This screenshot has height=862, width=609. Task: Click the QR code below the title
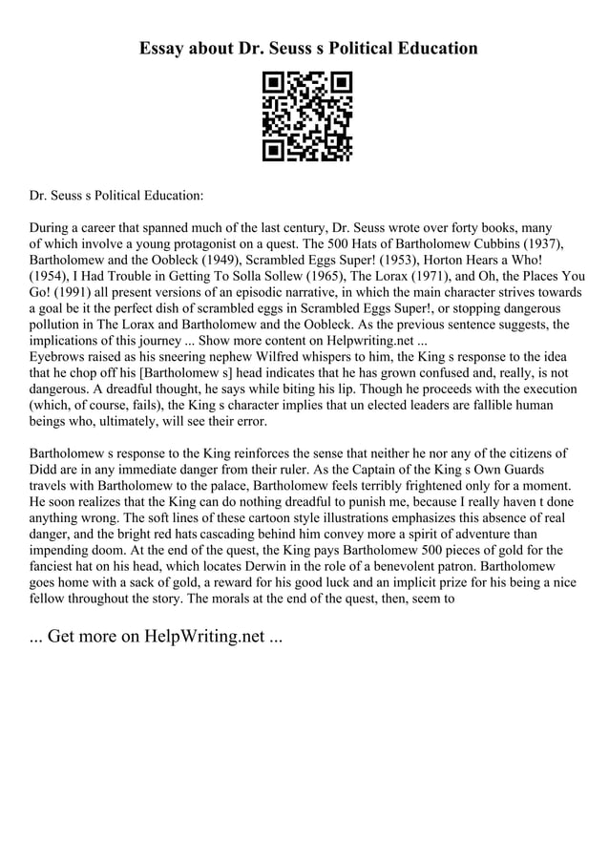[307, 116]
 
